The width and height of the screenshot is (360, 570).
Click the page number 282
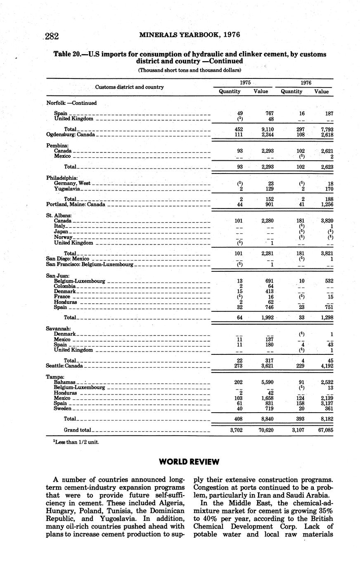pyautogui.click(x=52, y=36)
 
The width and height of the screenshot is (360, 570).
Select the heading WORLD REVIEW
pyautogui.click(x=189, y=461)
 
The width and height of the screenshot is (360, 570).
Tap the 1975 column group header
pyautogui.click(x=245, y=83)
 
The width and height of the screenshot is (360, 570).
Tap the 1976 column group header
pyautogui.click(x=306, y=83)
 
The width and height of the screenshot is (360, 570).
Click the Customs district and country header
pyautogui.click(x=130, y=87)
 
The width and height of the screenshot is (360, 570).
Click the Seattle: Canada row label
pyautogui.click(x=64, y=366)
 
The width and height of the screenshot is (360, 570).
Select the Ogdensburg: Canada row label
pyautogui.click(x=71, y=135)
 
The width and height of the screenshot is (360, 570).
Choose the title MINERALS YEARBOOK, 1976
pyautogui.click(x=189, y=35)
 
